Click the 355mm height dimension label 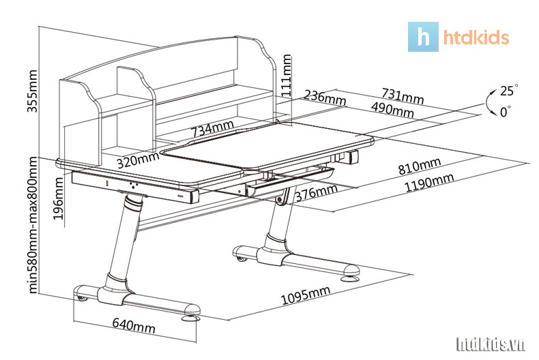(32, 91)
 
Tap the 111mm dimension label (286, 75)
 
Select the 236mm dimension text (325, 97)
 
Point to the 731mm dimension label (403, 96)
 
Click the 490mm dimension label (392, 109)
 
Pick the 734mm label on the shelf (212, 128)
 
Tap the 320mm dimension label (138, 160)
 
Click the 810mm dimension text (420, 166)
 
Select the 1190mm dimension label (429, 182)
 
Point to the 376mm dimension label (317, 193)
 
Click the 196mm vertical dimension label (59, 198)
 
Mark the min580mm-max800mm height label (32, 224)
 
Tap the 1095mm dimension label (306, 295)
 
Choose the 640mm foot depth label (134, 325)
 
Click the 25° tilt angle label (509, 91)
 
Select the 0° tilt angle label (506, 112)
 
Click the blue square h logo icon (423, 37)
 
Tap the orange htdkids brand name (476, 37)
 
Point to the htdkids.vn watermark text (491, 344)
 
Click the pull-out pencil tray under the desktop (290, 181)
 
